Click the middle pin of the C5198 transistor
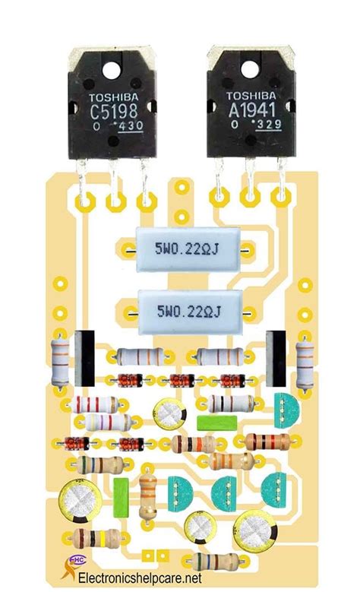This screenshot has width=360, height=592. [115, 182]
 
